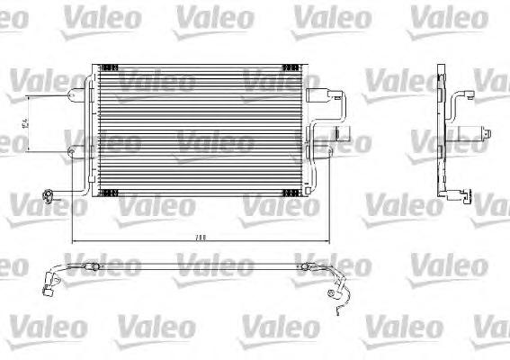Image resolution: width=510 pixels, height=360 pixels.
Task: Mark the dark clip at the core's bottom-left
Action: coord(108,193)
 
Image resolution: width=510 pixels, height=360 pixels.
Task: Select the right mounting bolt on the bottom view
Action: coord(307,267)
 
